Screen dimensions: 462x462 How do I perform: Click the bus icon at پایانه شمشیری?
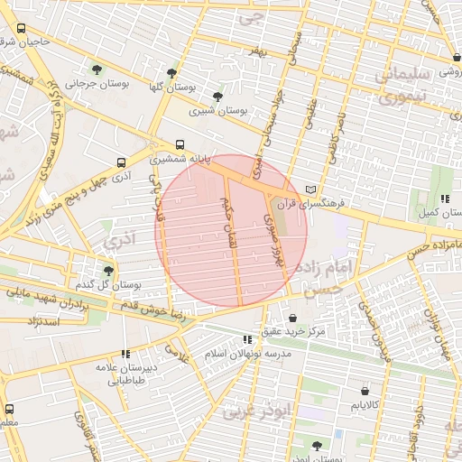[180, 144]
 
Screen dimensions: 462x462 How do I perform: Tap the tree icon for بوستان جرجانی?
[97, 69]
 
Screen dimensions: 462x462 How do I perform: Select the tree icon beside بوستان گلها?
[171, 73]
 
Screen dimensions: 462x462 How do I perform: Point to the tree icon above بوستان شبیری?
[217, 97]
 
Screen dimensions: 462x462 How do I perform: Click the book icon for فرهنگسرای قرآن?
[311, 190]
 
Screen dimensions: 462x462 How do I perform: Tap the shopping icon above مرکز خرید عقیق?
[294, 318]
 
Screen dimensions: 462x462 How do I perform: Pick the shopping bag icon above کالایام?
[365, 391]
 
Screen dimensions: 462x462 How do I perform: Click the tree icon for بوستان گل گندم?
[109, 271]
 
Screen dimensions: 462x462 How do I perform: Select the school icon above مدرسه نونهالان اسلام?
[247, 339]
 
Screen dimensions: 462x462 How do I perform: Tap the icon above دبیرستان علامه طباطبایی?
[125, 355]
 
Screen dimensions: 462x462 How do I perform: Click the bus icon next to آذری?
[121, 163]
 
